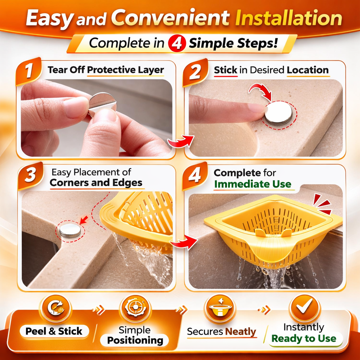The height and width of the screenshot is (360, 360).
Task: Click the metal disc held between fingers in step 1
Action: point(102,104)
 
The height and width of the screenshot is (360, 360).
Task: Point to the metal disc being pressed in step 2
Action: point(278,113)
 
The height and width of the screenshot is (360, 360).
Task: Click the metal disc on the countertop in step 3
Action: point(70,230)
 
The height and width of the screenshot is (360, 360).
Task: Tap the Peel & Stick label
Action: point(54,331)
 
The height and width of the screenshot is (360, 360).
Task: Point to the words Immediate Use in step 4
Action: point(252,184)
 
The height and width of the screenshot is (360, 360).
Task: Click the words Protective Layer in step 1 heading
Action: point(125,70)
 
